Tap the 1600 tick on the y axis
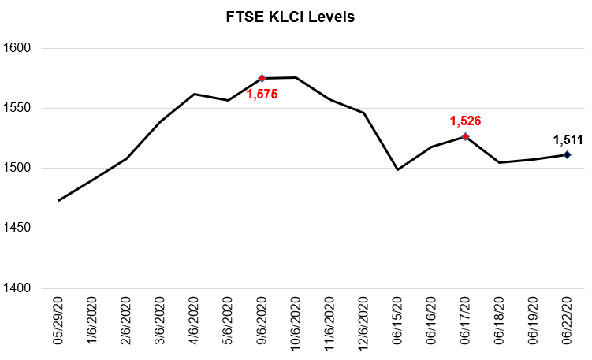(x=17, y=48)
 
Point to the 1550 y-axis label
(x=17, y=108)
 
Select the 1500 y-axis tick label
(x=17, y=168)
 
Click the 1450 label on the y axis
(x=17, y=228)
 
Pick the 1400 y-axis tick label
(x=17, y=288)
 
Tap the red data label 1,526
(x=465, y=121)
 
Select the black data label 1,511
(x=568, y=140)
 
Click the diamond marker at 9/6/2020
(x=262, y=78)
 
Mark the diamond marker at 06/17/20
(x=465, y=136)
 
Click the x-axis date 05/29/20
(x=59, y=323)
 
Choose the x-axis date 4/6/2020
(x=195, y=323)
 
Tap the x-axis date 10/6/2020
(x=296, y=323)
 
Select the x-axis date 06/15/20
(x=398, y=323)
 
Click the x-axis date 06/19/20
(x=534, y=323)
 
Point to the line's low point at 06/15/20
(x=397, y=169)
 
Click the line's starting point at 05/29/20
(x=58, y=200)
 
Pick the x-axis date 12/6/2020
(x=364, y=323)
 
